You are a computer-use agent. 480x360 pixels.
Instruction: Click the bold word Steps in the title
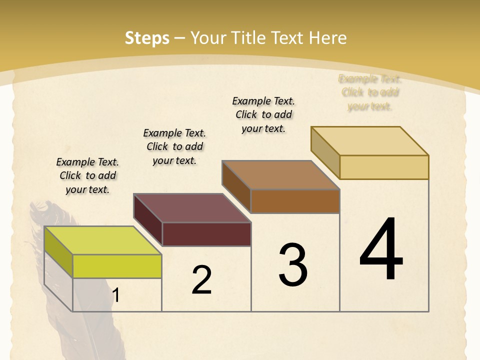click(147, 38)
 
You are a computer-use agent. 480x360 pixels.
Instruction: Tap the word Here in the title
click(328, 38)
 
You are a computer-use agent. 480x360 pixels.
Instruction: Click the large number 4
click(381, 249)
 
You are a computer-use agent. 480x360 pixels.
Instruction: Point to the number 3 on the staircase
click(293, 264)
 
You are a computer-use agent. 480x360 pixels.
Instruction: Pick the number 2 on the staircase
click(201, 279)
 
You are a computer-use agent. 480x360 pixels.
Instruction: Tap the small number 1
click(115, 295)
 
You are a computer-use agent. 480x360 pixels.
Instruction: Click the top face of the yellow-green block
click(103, 240)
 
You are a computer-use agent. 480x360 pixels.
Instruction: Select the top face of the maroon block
click(192, 208)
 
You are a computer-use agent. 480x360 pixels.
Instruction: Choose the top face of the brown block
click(280, 175)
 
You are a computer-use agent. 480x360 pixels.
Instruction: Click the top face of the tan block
click(369, 141)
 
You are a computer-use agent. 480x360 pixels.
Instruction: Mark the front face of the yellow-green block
click(117, 266)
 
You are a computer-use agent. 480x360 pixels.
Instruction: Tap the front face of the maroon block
click(206, 234)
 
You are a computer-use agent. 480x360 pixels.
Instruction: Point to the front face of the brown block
click(295, 201)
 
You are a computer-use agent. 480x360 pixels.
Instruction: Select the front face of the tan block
click(384, 167)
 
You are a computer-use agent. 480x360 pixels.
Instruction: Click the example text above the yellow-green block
click(87, 175)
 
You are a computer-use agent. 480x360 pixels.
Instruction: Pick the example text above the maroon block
click(174, 146)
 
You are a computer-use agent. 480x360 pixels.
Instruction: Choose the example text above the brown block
click(263, 114)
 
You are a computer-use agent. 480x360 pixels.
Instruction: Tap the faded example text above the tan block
click(370, 92)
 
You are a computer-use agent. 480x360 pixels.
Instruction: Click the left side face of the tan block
click(325, 152)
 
